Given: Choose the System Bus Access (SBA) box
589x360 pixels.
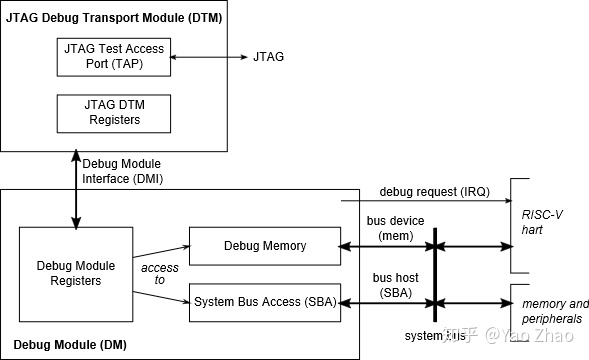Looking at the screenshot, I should [265, 301].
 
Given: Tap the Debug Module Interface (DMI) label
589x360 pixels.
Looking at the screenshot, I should [122, 171].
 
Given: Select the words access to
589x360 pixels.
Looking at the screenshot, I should [160, 274].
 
